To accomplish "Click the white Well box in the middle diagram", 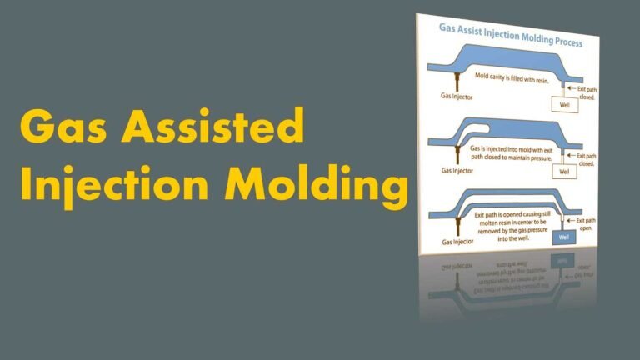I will tap(564, 172).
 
